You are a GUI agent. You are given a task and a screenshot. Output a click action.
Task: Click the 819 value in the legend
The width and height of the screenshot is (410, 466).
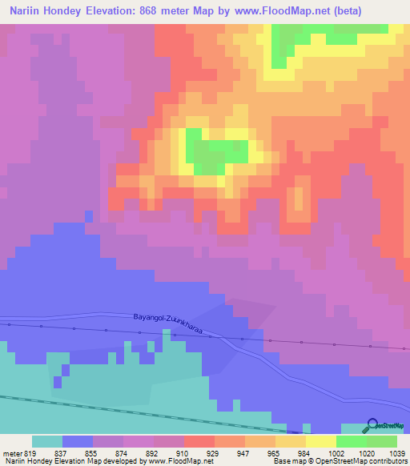[x=30, y=452]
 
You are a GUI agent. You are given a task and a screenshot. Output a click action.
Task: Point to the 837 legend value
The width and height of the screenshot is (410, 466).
[x=62, y=452]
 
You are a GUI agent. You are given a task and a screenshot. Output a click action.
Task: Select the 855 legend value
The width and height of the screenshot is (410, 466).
[x=92, y=452]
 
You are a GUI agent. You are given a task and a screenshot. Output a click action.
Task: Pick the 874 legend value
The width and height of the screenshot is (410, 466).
[x=123, y=452]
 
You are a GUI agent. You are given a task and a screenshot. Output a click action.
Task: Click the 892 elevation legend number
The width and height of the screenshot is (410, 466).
[x=153, y=452]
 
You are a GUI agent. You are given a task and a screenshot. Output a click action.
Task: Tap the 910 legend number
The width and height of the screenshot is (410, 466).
[x=183, y=452]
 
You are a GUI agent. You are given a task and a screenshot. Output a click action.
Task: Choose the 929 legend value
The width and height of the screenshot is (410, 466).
[x=214, y=452]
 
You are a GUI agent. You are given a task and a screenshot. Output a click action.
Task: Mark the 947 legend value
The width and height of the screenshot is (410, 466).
[x=244, y=452]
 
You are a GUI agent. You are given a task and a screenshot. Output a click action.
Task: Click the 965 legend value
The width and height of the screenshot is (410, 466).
[x=275, y=452]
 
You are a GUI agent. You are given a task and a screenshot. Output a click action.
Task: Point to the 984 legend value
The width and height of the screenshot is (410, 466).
[x=305, y=452]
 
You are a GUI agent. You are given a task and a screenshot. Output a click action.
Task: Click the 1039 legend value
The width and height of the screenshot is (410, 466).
[x=396, y=452]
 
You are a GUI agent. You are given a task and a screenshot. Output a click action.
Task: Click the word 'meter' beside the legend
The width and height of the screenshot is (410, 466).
[x=11, y=452]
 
